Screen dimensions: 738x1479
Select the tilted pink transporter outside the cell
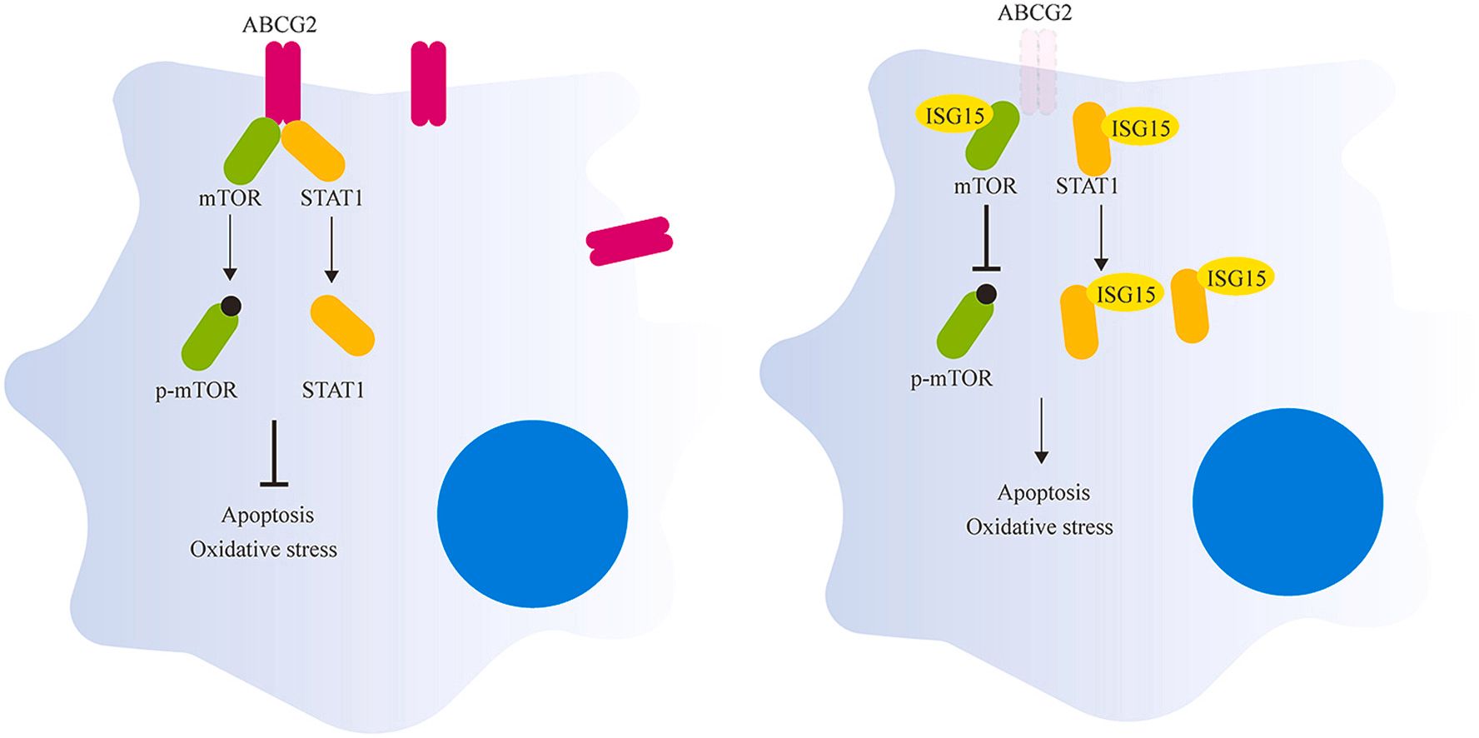pos(630,241)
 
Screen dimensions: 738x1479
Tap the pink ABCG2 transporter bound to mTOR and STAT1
pos(282,83)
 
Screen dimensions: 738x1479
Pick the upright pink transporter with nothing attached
pos(428,84)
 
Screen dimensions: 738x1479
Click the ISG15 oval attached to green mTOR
pos(954,117)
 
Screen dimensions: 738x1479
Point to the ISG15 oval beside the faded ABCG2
pos(1140,128)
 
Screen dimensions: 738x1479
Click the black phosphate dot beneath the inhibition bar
pos(987,293)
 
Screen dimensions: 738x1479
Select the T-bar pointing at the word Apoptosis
pos(274,454)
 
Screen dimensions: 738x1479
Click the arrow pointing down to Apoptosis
pos(1041,430)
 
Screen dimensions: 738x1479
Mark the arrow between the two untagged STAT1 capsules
pos(331,249)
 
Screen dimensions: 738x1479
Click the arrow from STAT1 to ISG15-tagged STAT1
pos(1101,237)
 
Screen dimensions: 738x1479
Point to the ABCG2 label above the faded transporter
pos(1034,13)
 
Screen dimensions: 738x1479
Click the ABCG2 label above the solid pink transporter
pos(279,25)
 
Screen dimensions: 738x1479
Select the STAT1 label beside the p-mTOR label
pos(333,390)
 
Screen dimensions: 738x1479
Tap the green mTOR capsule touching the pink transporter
pos(251,151)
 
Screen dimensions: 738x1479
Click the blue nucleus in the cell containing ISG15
pos(1287,501)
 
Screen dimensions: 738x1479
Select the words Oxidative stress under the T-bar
pos(263,550)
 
